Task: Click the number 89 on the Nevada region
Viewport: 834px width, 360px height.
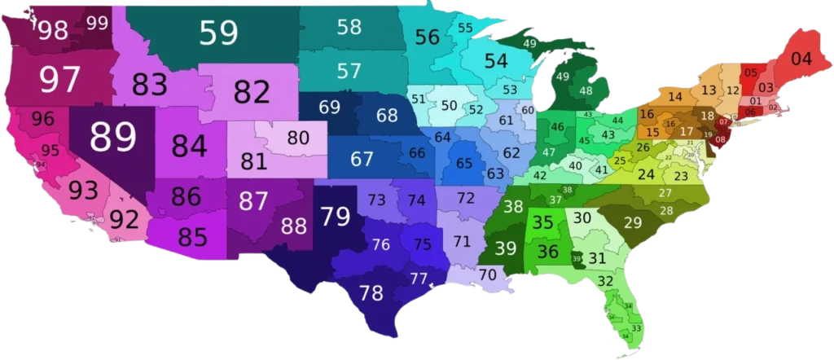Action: (112, 137)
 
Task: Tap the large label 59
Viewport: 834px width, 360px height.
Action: (218, 33)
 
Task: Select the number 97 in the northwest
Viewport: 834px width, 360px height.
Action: (60, 80)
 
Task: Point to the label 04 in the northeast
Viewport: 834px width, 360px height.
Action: (801, 59)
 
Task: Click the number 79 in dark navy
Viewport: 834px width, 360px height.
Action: (335, 217)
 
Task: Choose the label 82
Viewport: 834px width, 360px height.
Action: (252, 92)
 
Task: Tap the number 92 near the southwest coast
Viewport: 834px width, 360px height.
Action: (124, 220)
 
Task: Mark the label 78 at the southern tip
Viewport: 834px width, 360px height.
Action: (371, 293)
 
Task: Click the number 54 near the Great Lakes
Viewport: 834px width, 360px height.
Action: (496, 61)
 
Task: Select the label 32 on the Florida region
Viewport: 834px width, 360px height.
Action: (605, 281)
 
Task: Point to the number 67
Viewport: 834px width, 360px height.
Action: (362, 159)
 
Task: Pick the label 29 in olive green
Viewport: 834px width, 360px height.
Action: (632, 222)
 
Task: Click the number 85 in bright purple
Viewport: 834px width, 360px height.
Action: (192, 236)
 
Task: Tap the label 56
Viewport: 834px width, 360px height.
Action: (427, 37)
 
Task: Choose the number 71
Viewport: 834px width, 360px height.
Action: (462, 241)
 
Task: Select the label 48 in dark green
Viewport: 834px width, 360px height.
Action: (585, 91)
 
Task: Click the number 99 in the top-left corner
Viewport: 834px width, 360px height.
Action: (97, 22)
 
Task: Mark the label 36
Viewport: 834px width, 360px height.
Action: (548, 252)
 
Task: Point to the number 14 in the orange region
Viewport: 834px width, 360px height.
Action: (675, 97)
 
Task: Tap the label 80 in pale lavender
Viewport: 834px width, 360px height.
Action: (298, 138)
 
